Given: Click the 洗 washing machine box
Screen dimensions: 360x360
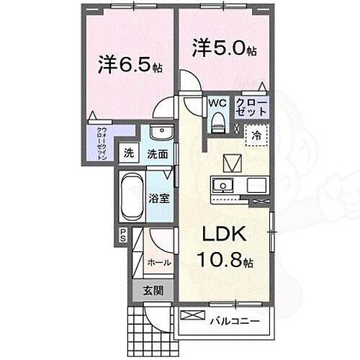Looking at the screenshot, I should pos(128,153).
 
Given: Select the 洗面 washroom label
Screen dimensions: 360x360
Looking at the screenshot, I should pos(158,153).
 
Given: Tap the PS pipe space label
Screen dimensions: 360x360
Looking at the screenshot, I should pos(122,234).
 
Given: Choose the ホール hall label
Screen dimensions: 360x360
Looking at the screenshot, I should pos(158,263).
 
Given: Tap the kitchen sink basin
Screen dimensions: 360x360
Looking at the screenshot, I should pos(223,185).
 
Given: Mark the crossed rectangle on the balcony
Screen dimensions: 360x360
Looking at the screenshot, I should pos(192,315).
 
